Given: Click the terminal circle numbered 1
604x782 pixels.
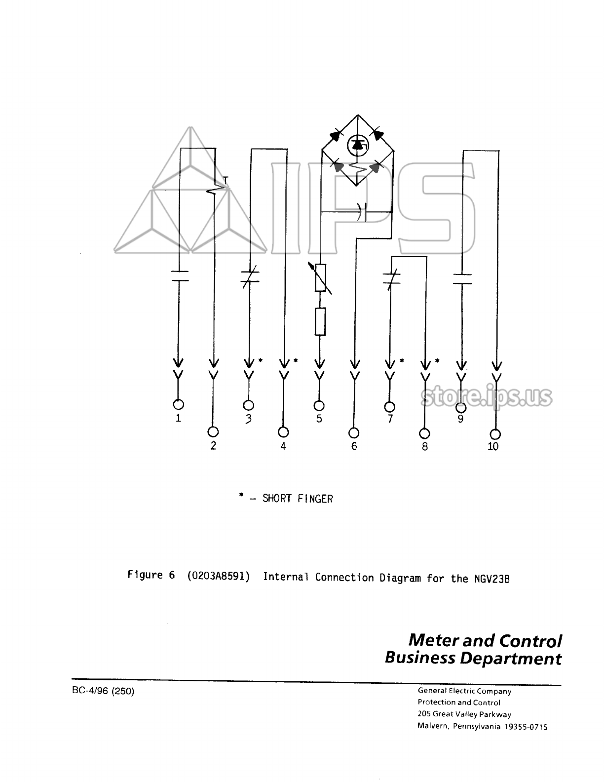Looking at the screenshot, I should pos(179,404).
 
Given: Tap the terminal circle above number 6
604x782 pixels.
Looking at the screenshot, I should pos(354,432).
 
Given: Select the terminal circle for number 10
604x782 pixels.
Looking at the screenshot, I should pos(495,434).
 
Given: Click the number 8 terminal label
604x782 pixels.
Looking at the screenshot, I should pos(425,446).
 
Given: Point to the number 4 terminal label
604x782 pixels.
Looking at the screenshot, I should pos(283,446).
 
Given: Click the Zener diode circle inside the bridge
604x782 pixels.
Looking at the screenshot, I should pos(358,145).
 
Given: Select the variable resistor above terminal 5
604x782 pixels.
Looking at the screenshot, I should pos(320,278).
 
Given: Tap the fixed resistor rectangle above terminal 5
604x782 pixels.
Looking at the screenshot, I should pos(320,322).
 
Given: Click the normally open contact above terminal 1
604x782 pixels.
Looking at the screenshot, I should pos(179,276).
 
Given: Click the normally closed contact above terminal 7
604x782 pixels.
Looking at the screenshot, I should pos(390,278).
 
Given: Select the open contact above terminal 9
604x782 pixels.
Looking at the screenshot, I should pos(461,279).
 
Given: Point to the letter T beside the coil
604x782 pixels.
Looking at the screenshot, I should pos(225,180).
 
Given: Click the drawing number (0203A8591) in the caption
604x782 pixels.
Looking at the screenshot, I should pos(218,576).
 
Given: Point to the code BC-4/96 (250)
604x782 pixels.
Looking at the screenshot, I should pos(103,691).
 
